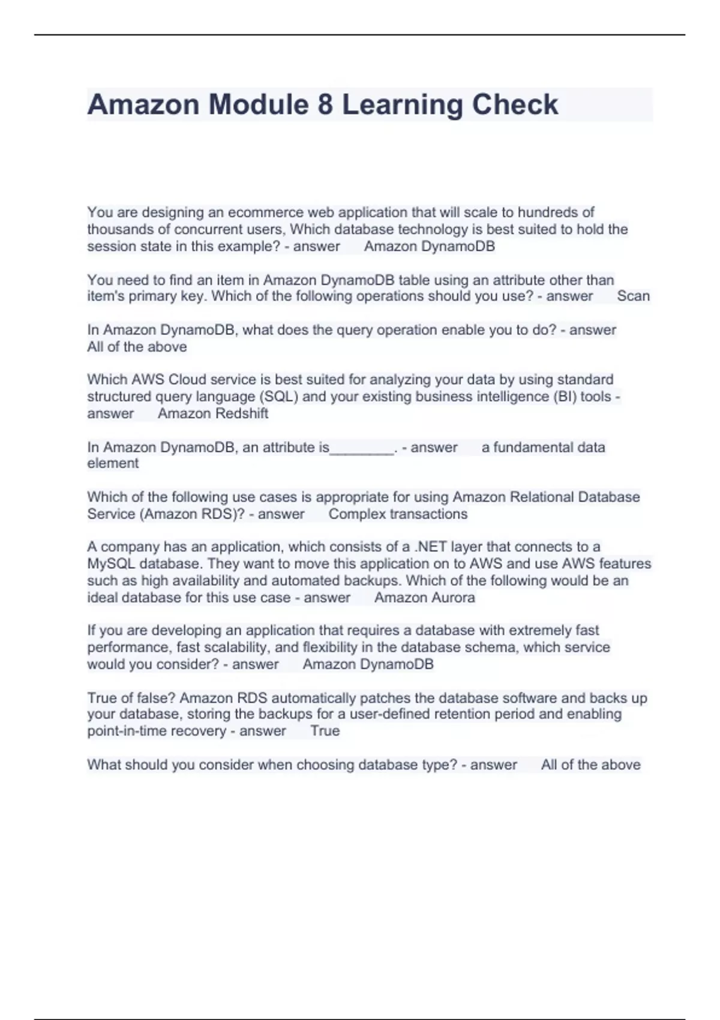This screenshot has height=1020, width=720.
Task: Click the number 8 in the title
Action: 325,104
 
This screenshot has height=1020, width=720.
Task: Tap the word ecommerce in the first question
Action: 265,212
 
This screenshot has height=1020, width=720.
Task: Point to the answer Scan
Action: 633,296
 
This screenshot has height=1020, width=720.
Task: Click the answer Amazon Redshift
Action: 213,413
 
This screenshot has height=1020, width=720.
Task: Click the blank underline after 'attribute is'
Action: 362,449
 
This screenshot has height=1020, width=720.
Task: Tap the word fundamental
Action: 524,447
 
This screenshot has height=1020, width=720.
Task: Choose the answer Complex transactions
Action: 398,514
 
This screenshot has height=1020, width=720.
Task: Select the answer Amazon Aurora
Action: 425,598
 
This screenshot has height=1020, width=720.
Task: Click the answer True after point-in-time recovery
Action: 325,731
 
